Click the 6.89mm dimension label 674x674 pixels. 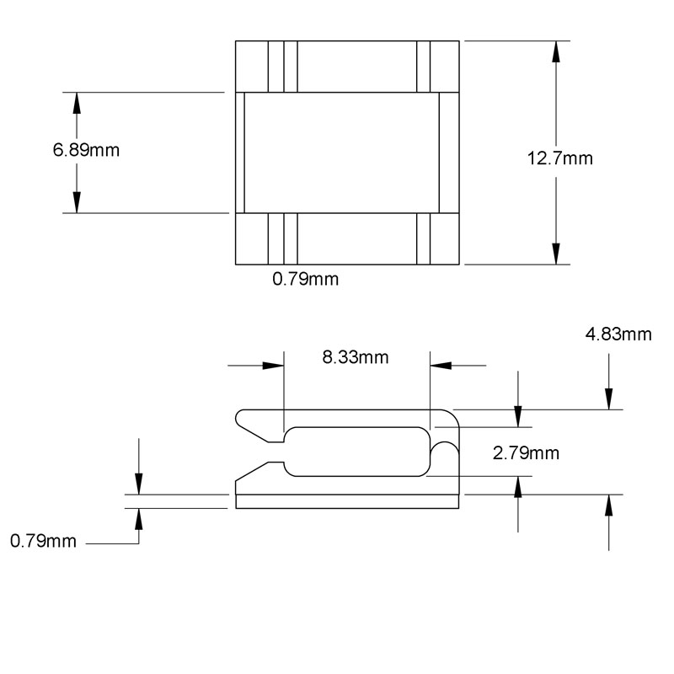click(85, 151)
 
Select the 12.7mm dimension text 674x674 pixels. click(559, 158)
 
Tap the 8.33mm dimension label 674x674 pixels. click(356, 356)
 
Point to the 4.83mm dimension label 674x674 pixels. click(618, 334)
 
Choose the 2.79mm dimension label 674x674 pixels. click(526, 453)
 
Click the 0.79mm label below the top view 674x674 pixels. click(305, 279)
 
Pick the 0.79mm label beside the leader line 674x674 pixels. click(43, 541)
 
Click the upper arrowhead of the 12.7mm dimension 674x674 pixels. click(555, 51)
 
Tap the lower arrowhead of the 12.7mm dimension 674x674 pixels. click(555, 253)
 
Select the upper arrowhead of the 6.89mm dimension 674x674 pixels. click(77, 103)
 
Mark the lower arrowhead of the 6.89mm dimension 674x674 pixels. click(77, 202)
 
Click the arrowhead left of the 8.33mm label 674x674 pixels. click(273, 366)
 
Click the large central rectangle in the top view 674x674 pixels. click(341, 152)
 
